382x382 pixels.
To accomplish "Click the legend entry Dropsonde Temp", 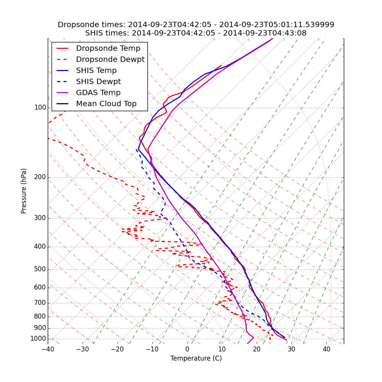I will tap(108, 49).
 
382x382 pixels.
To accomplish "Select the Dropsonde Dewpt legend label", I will tap(110, 60).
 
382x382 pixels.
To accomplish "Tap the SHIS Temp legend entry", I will tap(96, 71).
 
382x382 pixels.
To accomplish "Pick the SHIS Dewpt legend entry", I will tap(98, 82).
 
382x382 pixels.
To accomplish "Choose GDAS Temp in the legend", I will tap(98, 93).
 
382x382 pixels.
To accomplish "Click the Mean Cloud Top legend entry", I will tap(106, 104).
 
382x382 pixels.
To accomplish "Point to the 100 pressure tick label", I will tap(40, 108).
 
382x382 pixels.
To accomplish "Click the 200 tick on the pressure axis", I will tap(40, 177).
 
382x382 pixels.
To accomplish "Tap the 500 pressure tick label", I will tap(40, 269).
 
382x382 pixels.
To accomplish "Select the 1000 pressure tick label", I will tap(38, 339).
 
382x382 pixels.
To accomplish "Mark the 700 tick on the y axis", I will tap(40, 303).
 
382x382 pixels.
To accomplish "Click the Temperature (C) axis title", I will tap(196, 359).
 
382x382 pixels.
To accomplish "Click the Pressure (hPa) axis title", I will tap(24, 191).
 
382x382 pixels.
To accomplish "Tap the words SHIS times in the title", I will tap(107, 33).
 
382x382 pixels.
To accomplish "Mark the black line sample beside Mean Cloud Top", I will tap(62, 104).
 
